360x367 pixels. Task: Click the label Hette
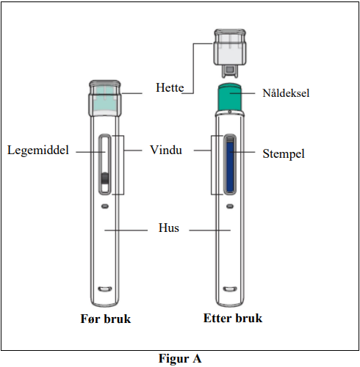pos(170,87)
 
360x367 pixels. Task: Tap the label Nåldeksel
pos(286,93)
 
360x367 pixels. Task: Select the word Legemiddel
pos(38,150)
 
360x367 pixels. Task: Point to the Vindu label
pos(166,150)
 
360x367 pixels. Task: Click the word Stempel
pos(284,154)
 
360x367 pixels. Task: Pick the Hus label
pos(169,228)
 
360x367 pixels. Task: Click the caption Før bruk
pos(106,319)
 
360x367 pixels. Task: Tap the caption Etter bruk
pos(233,319)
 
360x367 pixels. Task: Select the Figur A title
pos(180,359)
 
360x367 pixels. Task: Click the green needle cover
pos(230,98)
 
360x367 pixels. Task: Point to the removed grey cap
pos(230,54)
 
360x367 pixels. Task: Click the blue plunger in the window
pos(230,167)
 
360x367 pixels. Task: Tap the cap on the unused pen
pos(105,98)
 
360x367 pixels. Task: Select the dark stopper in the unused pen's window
pos(105,178)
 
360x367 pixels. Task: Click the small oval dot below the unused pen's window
pos(105,206)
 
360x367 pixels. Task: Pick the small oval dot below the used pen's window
pos(230,206)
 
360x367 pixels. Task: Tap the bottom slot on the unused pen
pos(105,289)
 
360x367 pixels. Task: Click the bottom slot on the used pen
pos(230,289)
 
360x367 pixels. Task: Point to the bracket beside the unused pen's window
pos(123,165)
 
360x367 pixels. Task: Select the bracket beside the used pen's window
pos(212,165)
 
